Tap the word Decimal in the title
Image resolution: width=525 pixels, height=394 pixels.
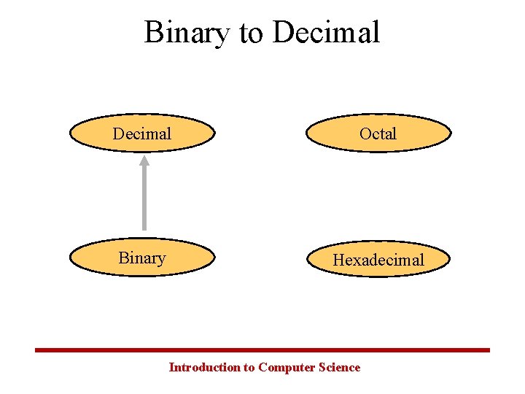tap(327, 33)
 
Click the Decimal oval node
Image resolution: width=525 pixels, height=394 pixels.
tap(143, 134)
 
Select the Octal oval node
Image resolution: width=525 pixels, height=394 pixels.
tap(378, 134)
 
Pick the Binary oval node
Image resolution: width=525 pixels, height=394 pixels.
tap(143, 258)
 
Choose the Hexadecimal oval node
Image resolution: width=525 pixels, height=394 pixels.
tap(378, 259)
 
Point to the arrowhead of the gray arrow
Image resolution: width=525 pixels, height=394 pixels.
tap(144, 161)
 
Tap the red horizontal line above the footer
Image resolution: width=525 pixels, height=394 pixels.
tap(262, 350)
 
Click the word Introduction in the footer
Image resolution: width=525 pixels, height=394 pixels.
tap(204, 368)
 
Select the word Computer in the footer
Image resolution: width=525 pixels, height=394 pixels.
tap(287, 368)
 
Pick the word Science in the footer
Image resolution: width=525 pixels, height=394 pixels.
tap(340, 368)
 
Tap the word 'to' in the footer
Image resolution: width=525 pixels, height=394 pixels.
tap(249, 368)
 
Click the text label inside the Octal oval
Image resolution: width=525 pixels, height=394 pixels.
tap(378, 134)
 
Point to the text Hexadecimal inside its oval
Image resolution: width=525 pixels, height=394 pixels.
tap(378, 260)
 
